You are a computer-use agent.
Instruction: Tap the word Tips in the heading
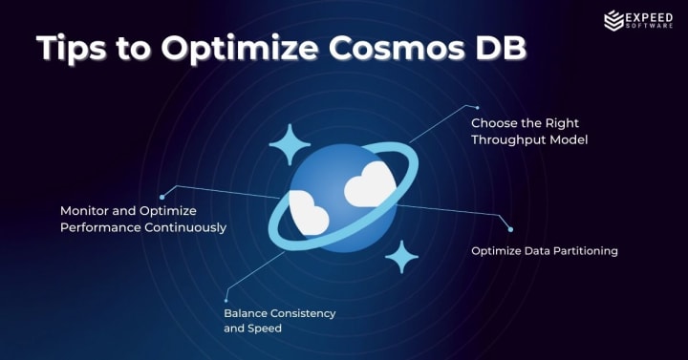pos(72,49)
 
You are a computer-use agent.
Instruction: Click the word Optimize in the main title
pos(240,49)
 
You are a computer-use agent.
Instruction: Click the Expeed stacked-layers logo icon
pos(613,21)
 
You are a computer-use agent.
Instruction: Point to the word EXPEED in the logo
pos(649,18)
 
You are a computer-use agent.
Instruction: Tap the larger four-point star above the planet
pos(290,144)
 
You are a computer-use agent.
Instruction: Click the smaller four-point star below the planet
pos(401,257)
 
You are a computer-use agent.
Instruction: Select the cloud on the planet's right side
pos(370,184)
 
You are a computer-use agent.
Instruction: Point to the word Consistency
pos(303,313)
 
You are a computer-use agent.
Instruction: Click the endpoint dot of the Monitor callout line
pos(161,198)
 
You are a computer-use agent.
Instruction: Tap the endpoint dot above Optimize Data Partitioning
pos(510,229)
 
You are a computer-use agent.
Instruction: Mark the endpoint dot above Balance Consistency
pos(226,301)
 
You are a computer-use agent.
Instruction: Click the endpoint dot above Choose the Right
pos(478,108)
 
